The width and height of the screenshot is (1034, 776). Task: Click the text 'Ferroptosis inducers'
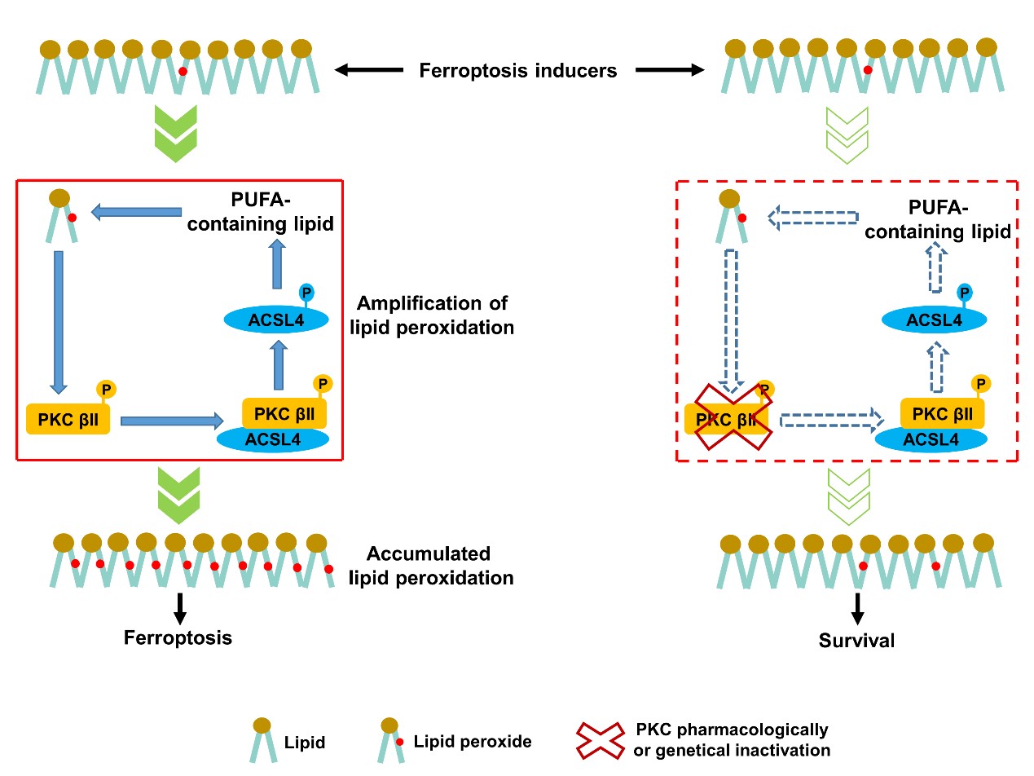click(517, 71)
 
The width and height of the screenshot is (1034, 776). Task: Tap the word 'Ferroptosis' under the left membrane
click(178, 637)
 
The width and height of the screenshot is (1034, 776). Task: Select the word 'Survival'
click(856, 641)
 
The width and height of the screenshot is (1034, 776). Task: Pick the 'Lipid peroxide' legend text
click(473, 741)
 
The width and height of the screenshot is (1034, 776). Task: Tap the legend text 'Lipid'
click(306, 742)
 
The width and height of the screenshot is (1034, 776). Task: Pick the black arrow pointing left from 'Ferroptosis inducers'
click(368, 71)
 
